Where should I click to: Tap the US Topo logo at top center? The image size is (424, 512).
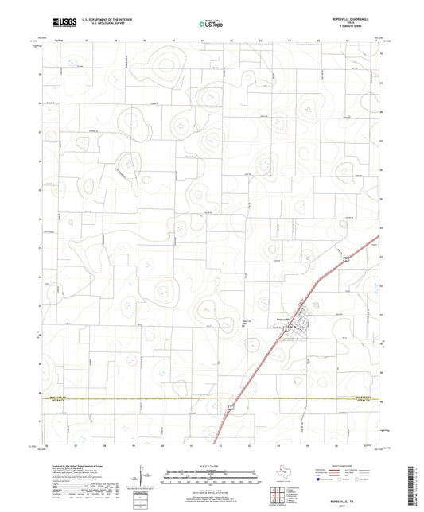pyautogui.click(x=211, y=25)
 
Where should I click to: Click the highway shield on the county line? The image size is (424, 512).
pyautogui.click(x=231, y=407)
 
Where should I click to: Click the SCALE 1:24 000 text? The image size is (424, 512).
pyautogui.click(x=211, y=465)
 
